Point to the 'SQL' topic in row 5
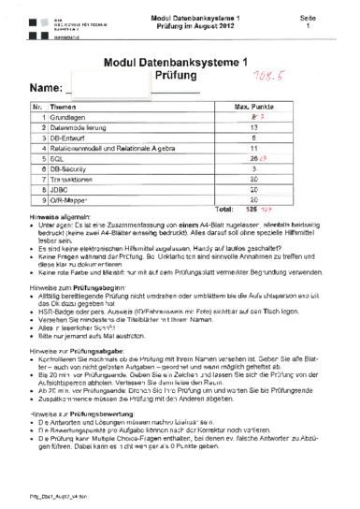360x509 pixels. pyautogui.click(x=57, y=159)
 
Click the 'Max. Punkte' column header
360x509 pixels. pyautogui.click(x=253, y=107)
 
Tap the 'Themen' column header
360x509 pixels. pyautogui.click(x=64, y=107)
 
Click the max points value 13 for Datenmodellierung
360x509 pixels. pyautogui.click(x=254, y=127)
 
